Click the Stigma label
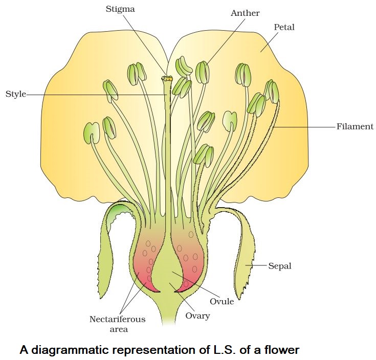coord(121,9)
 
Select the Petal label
coord(284,27)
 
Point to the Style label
coord(15,94)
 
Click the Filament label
coord(355,126)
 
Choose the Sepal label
coord(280,266)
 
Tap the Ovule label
coord(222,301)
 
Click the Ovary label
coord(197,316)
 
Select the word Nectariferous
coord(117,319)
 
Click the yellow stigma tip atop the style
coord(167,79)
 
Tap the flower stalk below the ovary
coord(166,312)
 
